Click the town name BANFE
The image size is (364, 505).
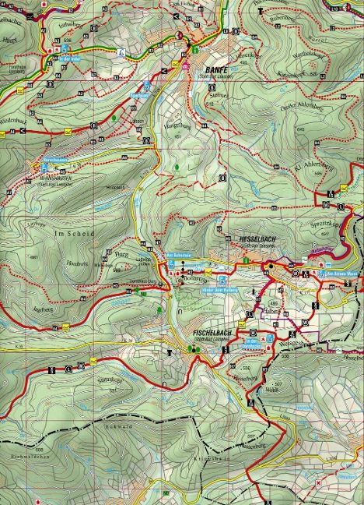[x=210, y=68]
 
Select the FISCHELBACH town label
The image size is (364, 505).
[x=208, y=332]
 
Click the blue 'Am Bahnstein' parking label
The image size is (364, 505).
[x=178, y=254]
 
